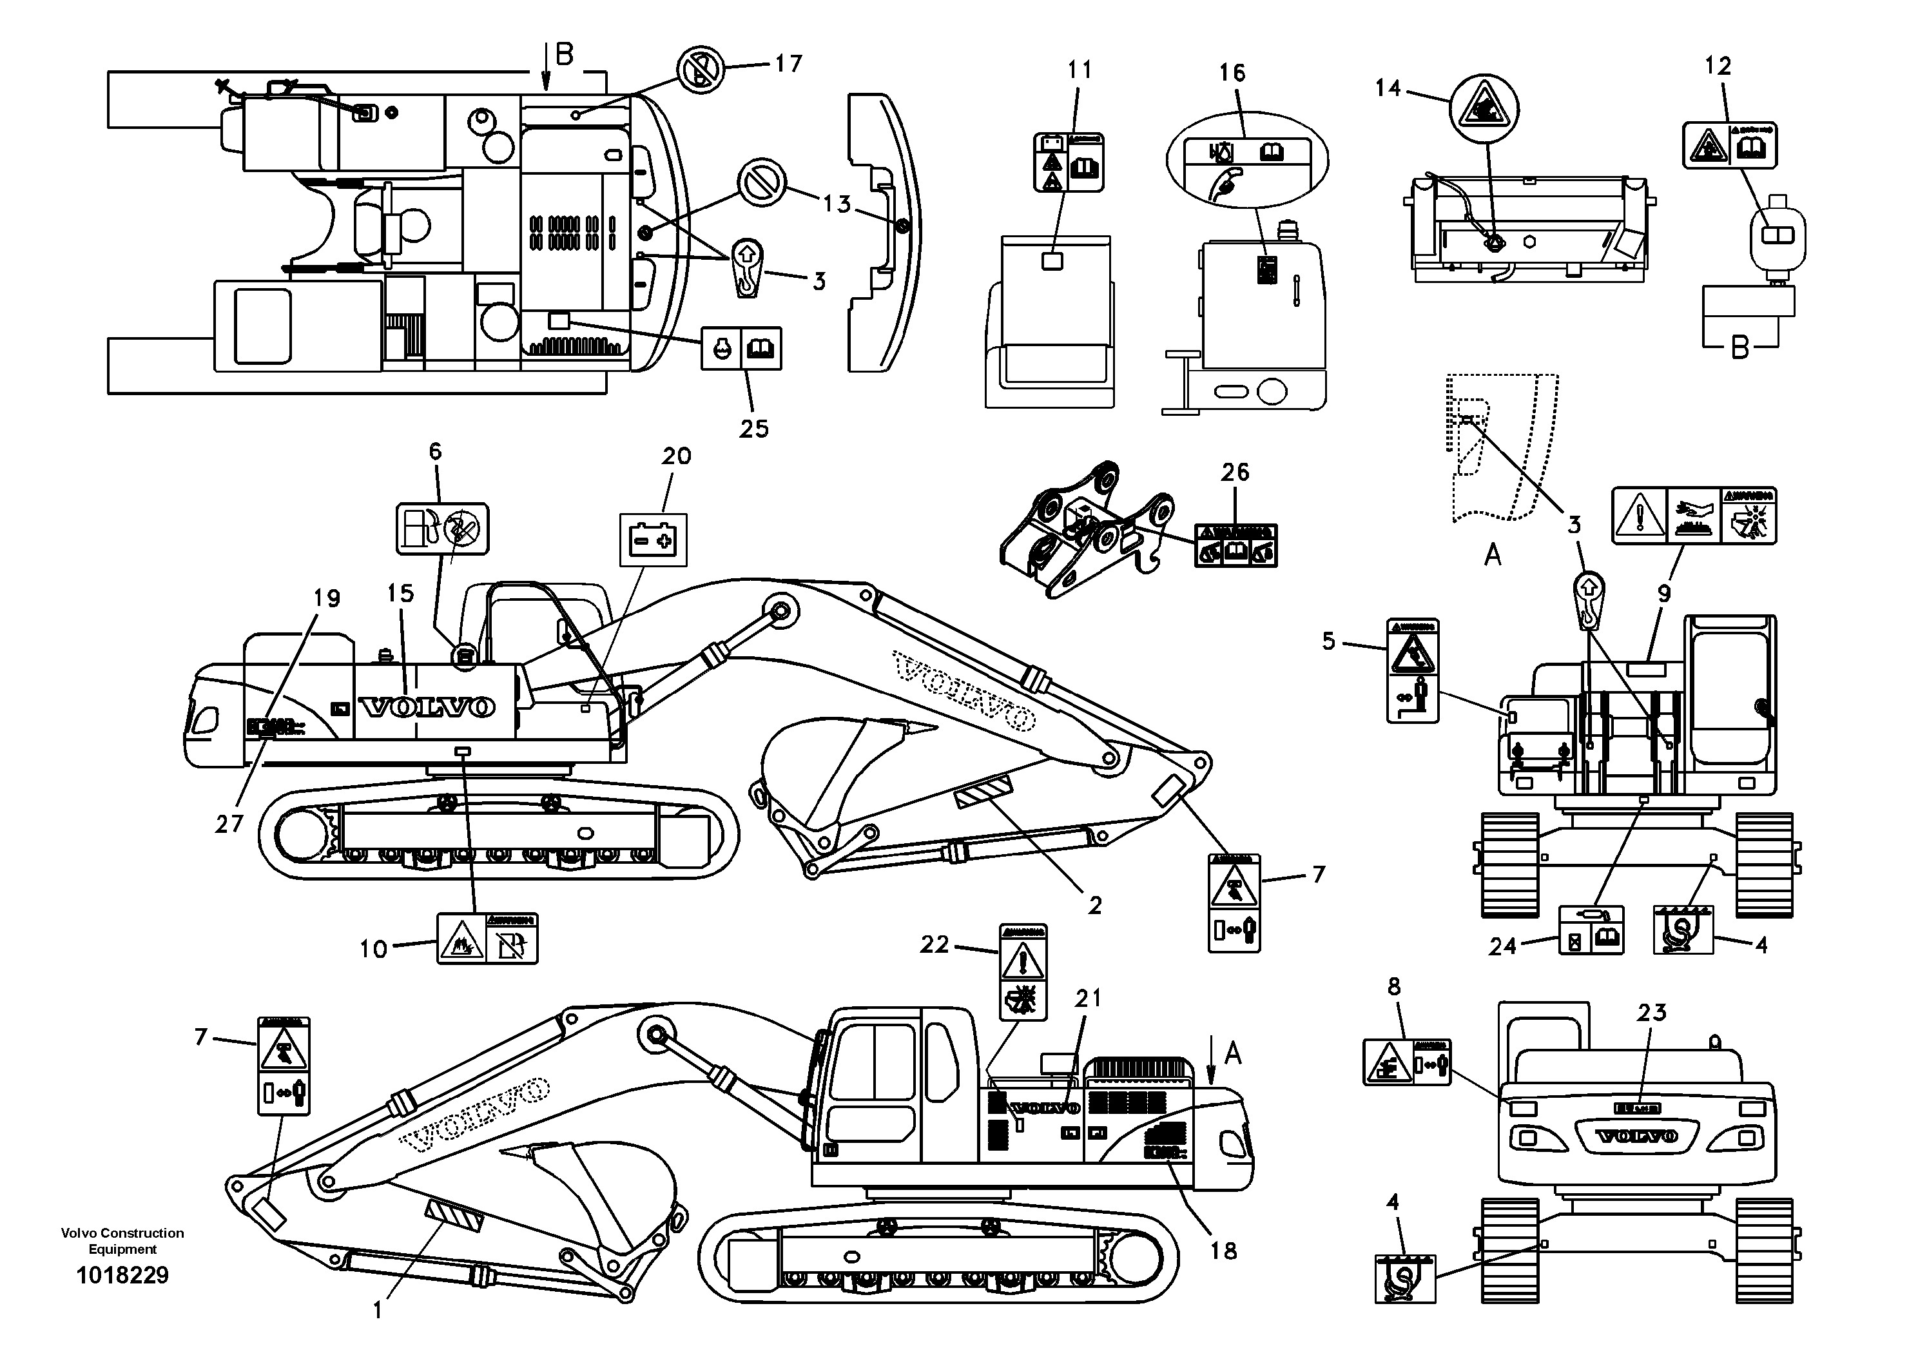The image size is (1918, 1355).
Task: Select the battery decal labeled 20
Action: (x=652, y=540)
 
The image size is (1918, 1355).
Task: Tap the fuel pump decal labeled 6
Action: (x=442, y=529)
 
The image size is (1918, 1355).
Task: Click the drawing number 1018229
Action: (x=123, y=1276)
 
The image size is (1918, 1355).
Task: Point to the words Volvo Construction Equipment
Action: (x=123, y=1242)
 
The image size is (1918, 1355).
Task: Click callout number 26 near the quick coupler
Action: (x=1235, y=473)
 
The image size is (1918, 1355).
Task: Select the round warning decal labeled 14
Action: (x=1484, y=110)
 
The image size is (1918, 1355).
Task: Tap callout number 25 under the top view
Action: (x=753, y=429)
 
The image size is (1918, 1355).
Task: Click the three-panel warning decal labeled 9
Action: (x=1693, y=516)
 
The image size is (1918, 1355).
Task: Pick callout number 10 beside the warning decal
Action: (x=373, y=949)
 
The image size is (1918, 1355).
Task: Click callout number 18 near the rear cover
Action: (x=1223, y=1251)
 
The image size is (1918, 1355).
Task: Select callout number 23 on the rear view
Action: (x=1652, y=1013)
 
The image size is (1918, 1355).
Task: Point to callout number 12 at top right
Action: (x=1718, y=66)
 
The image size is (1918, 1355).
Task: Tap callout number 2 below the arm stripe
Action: (x=1094, y=906)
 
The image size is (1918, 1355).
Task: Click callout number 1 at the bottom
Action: (x=378, y=1311)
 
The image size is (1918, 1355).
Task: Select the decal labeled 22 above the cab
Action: (x=1023, y=972)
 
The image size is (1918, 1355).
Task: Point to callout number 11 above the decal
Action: (x=1080, y=70)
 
